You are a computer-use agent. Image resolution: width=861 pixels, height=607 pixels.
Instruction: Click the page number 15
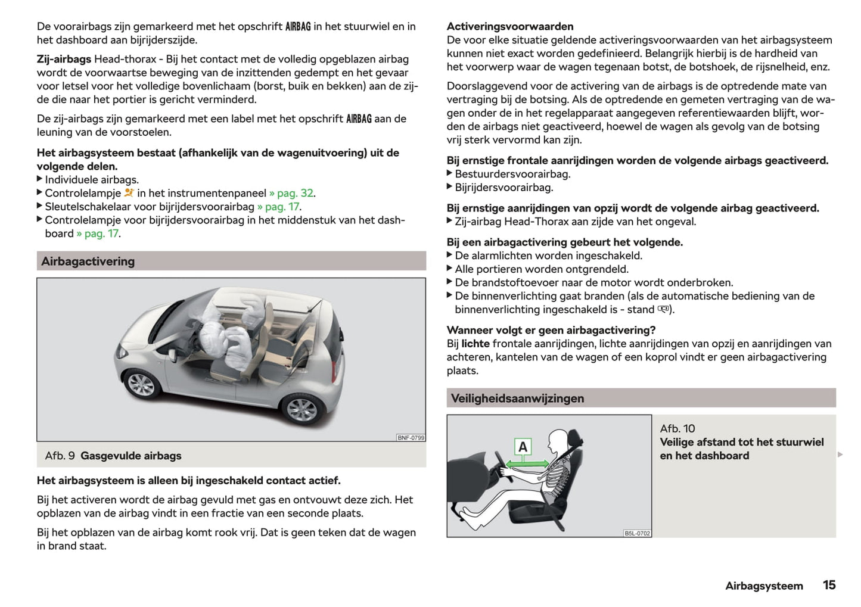[829, 585]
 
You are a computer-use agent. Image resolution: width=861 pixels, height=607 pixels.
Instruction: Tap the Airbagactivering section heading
[88, 261]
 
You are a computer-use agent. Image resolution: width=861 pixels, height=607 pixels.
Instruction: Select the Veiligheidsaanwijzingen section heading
[517, 398]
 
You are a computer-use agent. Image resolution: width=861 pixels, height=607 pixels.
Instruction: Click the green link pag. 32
[295, 193]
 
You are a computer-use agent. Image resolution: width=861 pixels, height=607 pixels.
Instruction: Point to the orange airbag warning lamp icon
[129, 192]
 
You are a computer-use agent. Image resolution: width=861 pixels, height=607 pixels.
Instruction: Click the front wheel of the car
[141, 384]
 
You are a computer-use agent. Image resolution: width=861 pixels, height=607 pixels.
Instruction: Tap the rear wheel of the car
[301, 409]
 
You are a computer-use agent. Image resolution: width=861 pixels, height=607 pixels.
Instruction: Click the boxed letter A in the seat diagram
[523, 447]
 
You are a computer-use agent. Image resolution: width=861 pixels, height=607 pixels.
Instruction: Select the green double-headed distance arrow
[528, 463]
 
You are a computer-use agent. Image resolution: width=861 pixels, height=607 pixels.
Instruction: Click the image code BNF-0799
[411, 437]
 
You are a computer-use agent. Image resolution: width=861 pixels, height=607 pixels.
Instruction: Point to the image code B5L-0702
[637, 533]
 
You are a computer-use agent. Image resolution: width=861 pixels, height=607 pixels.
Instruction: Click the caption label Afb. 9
[60, 456]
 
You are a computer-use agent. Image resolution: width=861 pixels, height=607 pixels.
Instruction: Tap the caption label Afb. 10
[677, 428]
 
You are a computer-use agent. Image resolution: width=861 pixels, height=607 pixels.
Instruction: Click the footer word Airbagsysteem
[764, 586]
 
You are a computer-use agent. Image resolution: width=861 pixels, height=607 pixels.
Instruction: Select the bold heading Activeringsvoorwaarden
[510, 26]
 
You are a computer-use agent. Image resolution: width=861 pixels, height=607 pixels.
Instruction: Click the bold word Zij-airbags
[64, 59]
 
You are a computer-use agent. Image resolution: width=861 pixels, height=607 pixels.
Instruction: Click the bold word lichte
[475, 343]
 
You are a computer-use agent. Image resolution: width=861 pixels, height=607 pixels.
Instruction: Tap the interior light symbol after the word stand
[664, 309]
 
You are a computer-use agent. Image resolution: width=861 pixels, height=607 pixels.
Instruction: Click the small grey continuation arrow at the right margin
[840, 455]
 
